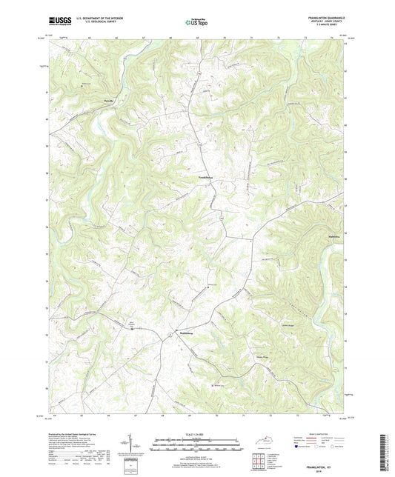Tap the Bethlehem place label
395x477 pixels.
[x=187, y=333]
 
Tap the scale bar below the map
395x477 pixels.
[x=197, y=447]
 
